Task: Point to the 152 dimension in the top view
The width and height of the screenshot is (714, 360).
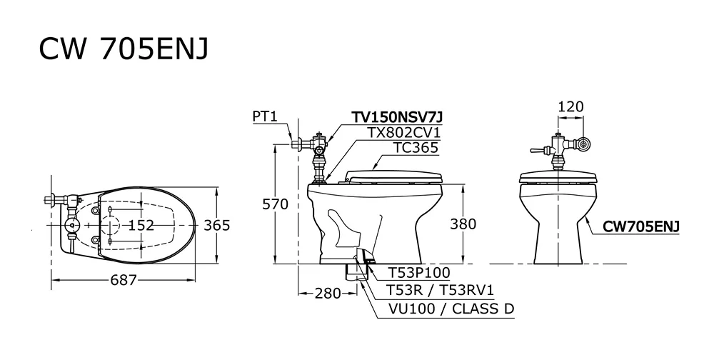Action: pos(141,225)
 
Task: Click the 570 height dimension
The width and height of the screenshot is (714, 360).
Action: pos(275,204)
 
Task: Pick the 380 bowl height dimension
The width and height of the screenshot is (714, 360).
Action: pos(463,224)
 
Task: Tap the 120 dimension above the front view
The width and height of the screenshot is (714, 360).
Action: pos(570,107)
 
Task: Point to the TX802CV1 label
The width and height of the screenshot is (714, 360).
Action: pos(404,133)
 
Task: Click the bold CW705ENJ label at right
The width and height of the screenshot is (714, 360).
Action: pos(640,226)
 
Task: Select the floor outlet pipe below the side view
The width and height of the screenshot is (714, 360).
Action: pos(355,271)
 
